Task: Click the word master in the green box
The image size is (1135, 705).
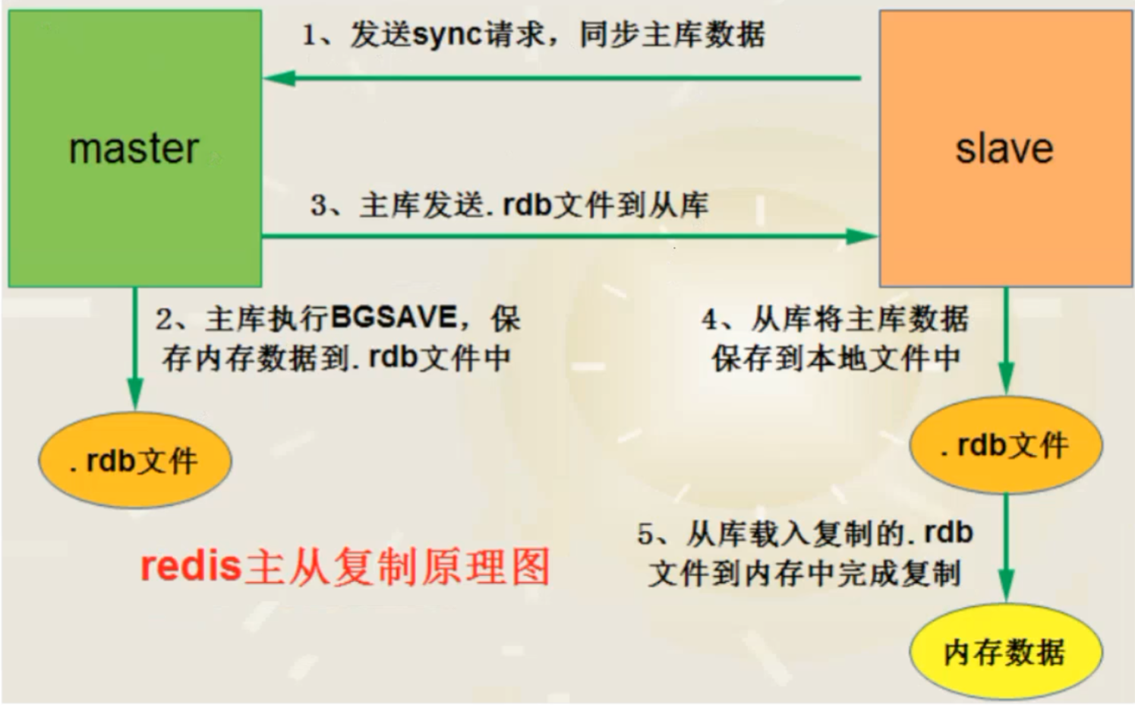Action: (x=134, y=149)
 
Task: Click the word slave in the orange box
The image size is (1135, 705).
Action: (x=1004, y=149)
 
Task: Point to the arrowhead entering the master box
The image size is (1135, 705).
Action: (x=279, y=78)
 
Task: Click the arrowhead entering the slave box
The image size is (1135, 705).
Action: (x=862, y=236)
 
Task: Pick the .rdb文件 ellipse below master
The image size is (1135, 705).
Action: (x=135, y=460)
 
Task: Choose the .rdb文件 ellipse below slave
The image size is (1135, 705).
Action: (x=1006, y=445)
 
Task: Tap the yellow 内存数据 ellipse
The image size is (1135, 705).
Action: (x=1006, y=653)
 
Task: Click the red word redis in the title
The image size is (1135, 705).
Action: (x=191, y=566)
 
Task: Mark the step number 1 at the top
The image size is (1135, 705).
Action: (x=309, y=36)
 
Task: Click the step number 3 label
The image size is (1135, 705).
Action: (x=319, y=205)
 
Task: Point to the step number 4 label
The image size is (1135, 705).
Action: (x=710, y=320)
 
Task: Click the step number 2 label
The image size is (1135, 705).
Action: (x=164, y=320)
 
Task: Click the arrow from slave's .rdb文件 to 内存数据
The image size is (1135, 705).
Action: (x=1006, y=548)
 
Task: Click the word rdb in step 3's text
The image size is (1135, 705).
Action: (x=527, y=205)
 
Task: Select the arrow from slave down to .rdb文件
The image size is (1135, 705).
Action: (x=1006, y=341)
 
